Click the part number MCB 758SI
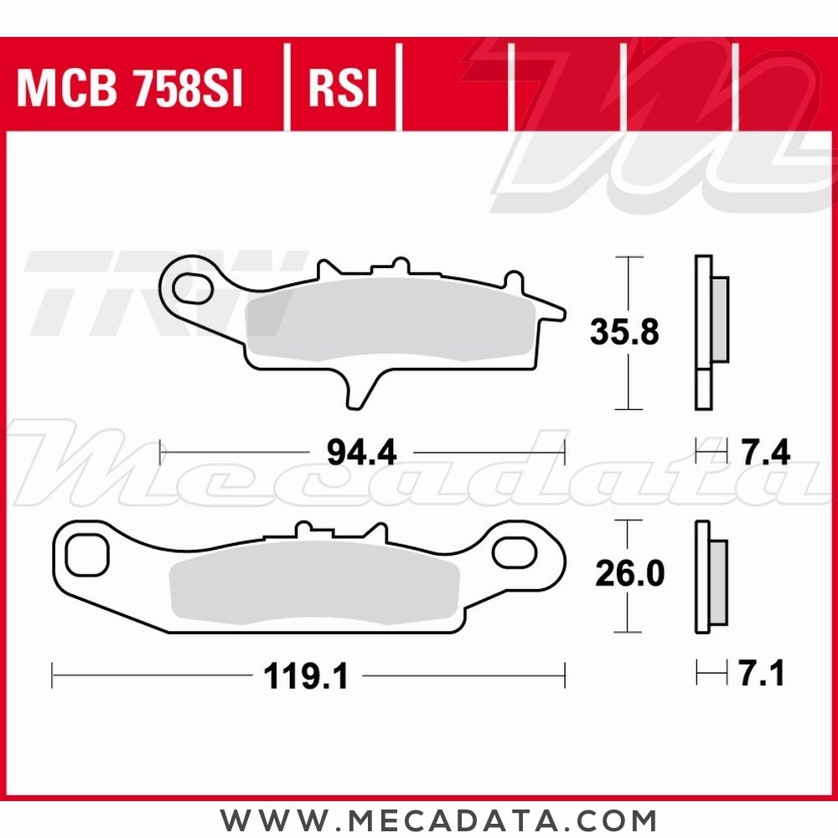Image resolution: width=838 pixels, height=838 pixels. [130, 89]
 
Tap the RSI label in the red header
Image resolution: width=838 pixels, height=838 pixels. [343, 89]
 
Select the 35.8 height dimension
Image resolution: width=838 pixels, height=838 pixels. [624, 333]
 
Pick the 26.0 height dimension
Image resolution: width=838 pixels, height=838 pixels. [629, 574]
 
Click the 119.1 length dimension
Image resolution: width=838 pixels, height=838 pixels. [306, 675]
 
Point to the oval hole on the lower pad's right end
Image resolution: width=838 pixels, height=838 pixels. [512, 552]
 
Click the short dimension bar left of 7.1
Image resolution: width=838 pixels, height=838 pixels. [711, 673]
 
